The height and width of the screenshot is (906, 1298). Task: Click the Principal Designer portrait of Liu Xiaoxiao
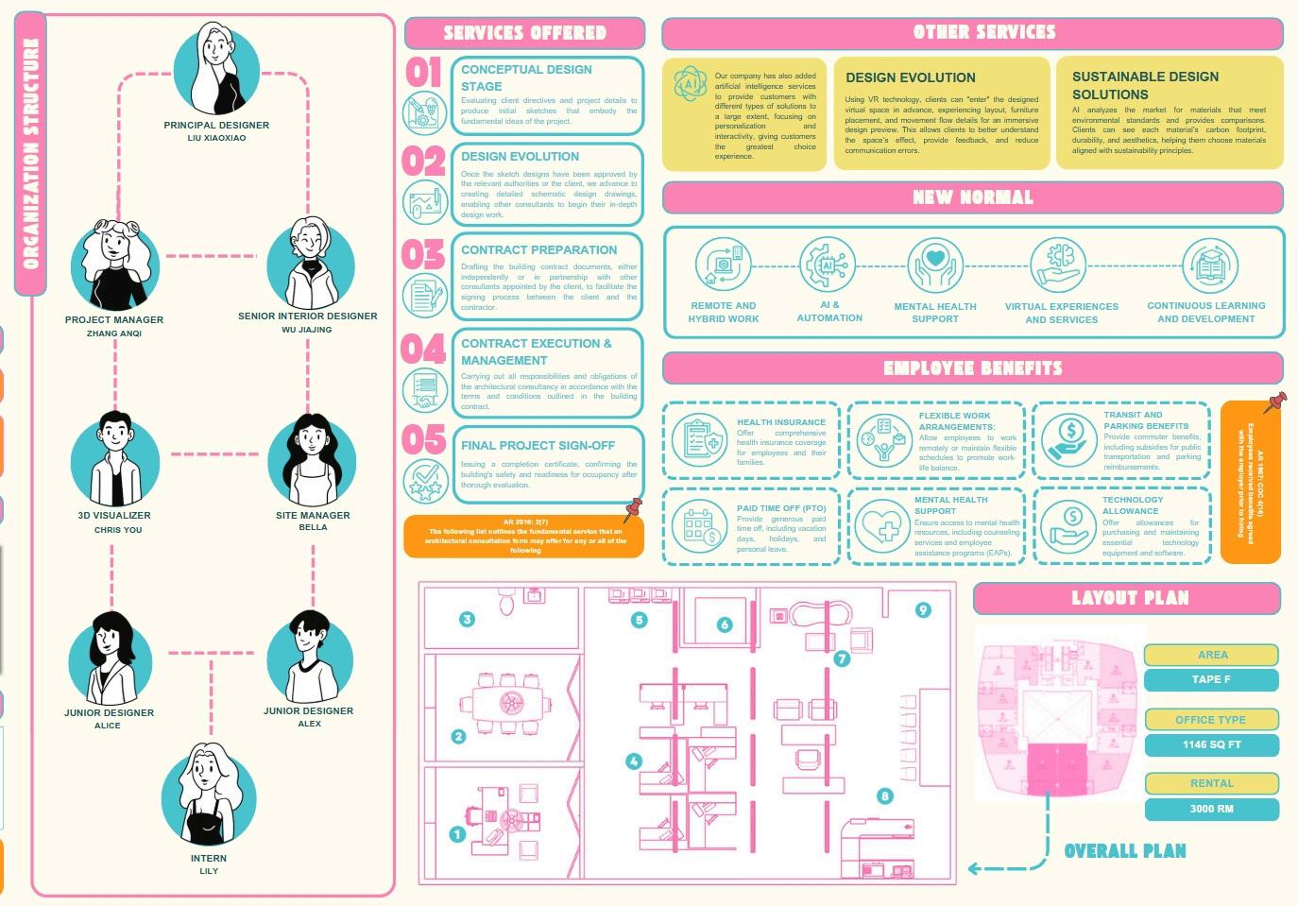click(216, 72)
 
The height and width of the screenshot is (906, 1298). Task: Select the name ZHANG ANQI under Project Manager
click(114, 333)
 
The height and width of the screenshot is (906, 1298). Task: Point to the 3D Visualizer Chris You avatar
click(115, 460)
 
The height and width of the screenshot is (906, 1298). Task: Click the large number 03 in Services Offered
click(422, 255)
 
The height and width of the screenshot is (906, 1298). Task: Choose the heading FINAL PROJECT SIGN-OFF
click(538, 445)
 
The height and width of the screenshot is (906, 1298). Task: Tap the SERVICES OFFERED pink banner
click(524, 33)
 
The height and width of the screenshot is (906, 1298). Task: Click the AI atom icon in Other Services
click(691, 84)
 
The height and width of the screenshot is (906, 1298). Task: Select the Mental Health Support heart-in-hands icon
click(934, 265)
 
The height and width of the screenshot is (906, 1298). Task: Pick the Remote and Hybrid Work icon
click(723, 265)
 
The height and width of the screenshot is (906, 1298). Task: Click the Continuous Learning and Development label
click(1206, 312)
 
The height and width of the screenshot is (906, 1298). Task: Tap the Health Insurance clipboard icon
click(700, 440)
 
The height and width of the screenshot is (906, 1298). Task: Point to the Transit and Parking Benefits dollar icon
click(1069, 438)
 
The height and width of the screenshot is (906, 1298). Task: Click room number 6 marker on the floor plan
click(725, 624)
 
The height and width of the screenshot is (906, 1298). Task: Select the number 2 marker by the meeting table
click(458, 736)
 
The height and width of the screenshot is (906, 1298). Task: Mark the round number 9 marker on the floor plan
click(923, 610)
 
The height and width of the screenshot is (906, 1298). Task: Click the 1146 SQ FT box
click(1211, 744)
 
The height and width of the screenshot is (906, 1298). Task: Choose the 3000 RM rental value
click(1211, 809)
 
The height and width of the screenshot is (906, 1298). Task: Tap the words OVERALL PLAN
click(1125, 851)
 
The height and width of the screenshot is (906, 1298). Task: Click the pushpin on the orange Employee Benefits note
click(1276, 402)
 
